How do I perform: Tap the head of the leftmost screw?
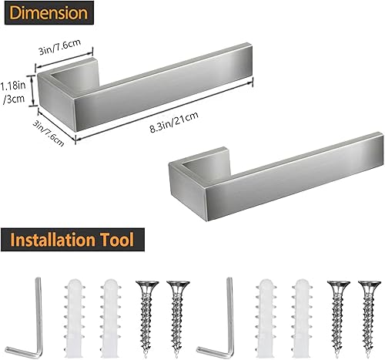pos(146,284)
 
